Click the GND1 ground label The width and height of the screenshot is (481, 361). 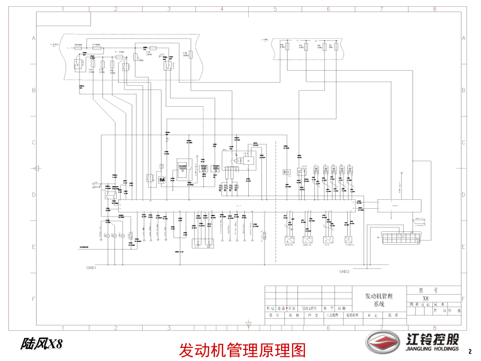91,267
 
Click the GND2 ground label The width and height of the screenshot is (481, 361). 344,272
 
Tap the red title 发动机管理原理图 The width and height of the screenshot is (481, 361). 242,349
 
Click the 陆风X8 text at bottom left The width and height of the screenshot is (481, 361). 41,344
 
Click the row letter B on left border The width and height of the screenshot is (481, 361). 33,91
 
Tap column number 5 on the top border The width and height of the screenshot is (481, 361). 275,9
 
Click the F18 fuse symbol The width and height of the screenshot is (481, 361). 191,54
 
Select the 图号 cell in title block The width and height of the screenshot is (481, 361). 425,288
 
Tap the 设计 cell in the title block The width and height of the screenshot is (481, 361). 271,315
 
